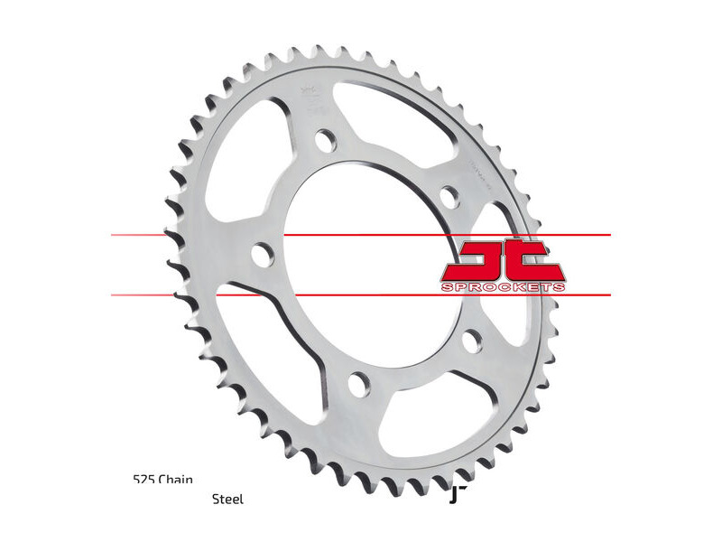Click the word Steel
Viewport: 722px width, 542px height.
tap(227, 499)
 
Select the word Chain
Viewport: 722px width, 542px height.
tap(177, 480)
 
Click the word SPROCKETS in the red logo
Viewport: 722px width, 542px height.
tap(504, 287)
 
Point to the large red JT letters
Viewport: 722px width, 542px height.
tap(503, 260)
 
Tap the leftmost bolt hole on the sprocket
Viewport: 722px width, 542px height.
tap(262, 254)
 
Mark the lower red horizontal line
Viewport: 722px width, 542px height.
tap(361, 294)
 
